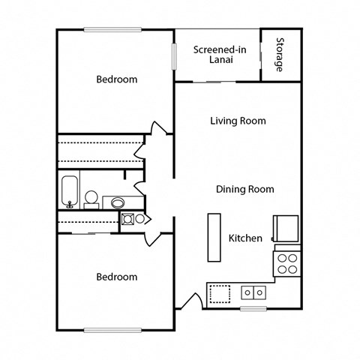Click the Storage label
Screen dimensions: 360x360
(x=280, y=55)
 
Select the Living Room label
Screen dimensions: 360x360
(x=238, y=121)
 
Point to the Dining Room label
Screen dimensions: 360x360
(x=244, y=189)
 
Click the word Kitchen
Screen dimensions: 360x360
(x=245, y=238)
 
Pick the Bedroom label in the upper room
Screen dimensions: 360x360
(x=116, y=79)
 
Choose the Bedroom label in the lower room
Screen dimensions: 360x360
(x=116, y=277)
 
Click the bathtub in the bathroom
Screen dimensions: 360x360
(x=69, y=190)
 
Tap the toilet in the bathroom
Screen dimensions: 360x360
(x=91, y=198)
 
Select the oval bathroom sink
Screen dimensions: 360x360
(x=118, y=202)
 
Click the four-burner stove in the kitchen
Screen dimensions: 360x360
(x=287, y=262)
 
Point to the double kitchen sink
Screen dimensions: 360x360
(x=252, y=292)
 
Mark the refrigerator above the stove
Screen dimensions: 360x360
(x=287, y=227)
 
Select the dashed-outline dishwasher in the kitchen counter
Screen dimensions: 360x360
(x=220, y=292)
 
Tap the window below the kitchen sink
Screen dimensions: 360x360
(x=253, y=308)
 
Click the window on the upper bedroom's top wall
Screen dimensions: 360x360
(x=112, y=30)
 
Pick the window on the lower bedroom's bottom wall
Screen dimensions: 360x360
(x=112, y=330)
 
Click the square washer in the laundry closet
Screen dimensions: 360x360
(x=127, y=218)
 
